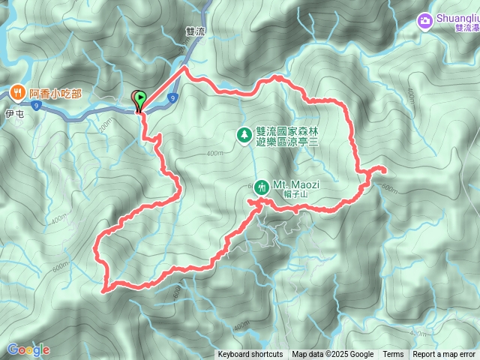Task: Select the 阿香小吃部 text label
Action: point(55,94)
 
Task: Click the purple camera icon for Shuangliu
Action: point(426,20)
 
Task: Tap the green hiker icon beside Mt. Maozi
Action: point(262,186)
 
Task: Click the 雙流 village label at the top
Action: point(195,32)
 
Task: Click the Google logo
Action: point(28,349)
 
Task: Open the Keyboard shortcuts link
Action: point(250,355)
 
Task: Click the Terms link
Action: point(393,355)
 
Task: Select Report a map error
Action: point(444,355)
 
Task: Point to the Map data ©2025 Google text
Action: point(332,355)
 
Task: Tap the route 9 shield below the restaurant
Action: point(35,106)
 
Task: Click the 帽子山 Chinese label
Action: point(296,195)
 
